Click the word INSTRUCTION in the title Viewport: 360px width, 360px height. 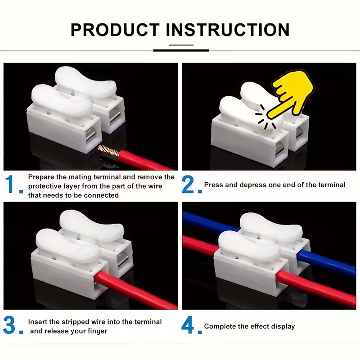[228, 30]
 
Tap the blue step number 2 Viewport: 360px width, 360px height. [189, 185]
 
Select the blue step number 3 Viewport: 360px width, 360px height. [10, 325]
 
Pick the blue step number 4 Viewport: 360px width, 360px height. [189, 325]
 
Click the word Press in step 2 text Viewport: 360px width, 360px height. [213, 185]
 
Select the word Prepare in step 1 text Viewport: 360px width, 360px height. [41, 177]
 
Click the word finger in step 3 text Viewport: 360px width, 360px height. [98, 331]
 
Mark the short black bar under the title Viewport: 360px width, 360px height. [181, 50]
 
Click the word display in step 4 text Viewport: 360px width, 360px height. [283, 326]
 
